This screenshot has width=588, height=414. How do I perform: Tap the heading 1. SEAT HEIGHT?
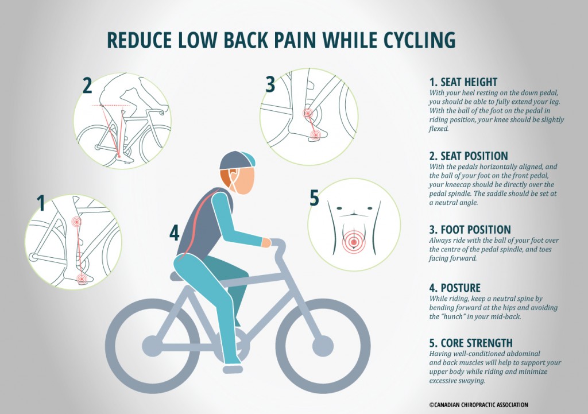[x=463, y=82]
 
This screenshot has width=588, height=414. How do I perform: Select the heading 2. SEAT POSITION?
[x=468, y=156]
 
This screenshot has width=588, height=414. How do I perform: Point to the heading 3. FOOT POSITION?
[x=469, y=230]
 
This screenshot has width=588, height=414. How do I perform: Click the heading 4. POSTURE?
[x=454, y=288]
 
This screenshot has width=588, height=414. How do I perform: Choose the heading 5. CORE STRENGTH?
[x=471, y=343]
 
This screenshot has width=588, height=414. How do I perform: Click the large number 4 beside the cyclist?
[x=175, y=233]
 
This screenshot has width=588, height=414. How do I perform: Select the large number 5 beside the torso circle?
[x=314, y=198]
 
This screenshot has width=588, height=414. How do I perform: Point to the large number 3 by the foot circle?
[x=270, y=84]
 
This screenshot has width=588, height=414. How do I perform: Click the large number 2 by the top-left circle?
[x=87, y=86]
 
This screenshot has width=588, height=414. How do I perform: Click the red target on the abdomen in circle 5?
[x=354, y=242]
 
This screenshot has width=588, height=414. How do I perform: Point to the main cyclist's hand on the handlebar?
[x=266, y=243]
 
